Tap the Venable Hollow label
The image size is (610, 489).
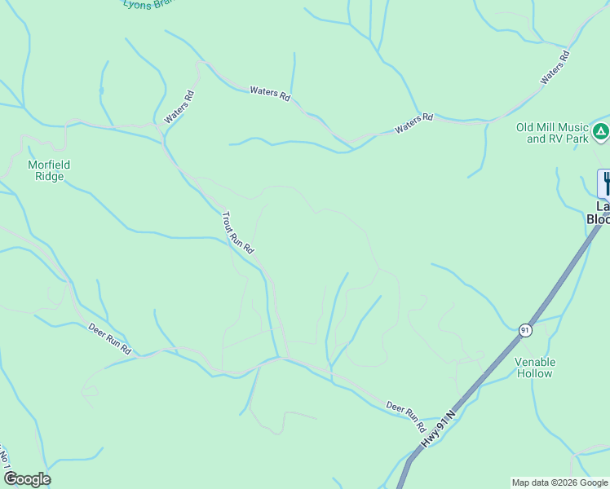point(535,368)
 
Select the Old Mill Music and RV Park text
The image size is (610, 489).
point(552,133)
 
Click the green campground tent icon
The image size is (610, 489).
point(600,130)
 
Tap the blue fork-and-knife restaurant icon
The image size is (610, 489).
point(605,183)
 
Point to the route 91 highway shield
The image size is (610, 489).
point(524,329)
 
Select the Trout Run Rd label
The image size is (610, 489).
point(238,233)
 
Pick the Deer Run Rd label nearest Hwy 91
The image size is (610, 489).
point(405,416)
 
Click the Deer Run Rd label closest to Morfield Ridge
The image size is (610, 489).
point(109,337)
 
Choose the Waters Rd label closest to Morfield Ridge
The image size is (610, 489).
point(179,107)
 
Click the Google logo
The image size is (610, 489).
point(27,479)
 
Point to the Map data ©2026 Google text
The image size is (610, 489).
point(559,482)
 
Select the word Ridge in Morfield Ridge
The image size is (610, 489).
point(49,176)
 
